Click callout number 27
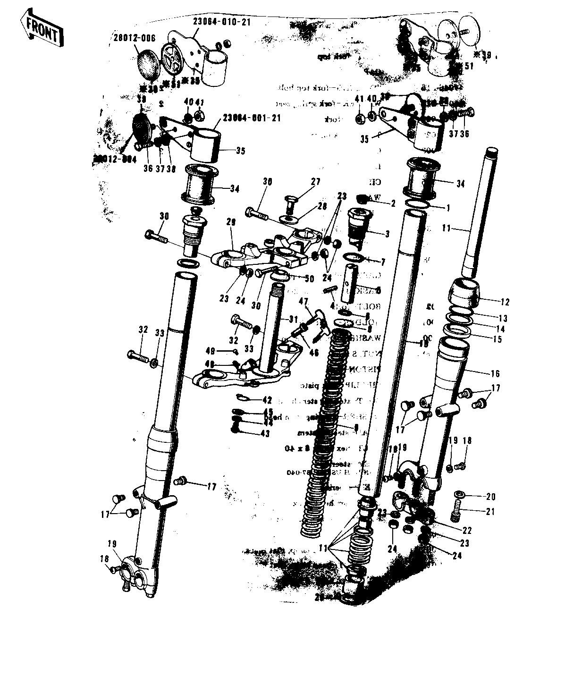(x=315, y=182)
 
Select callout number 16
(x=495, y=373)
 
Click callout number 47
(x=303, y=301)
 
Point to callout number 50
(x=309, y=279)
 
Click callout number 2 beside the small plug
(x=393, y=203)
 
